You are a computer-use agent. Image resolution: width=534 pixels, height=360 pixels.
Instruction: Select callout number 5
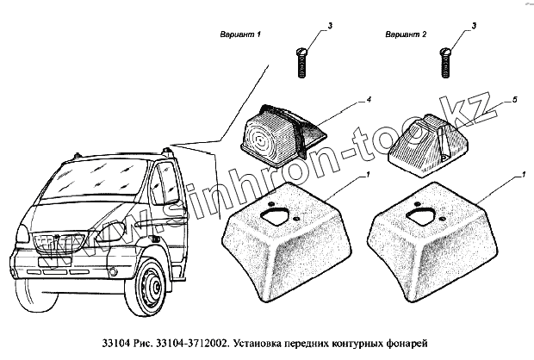[x=514, y=102]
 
